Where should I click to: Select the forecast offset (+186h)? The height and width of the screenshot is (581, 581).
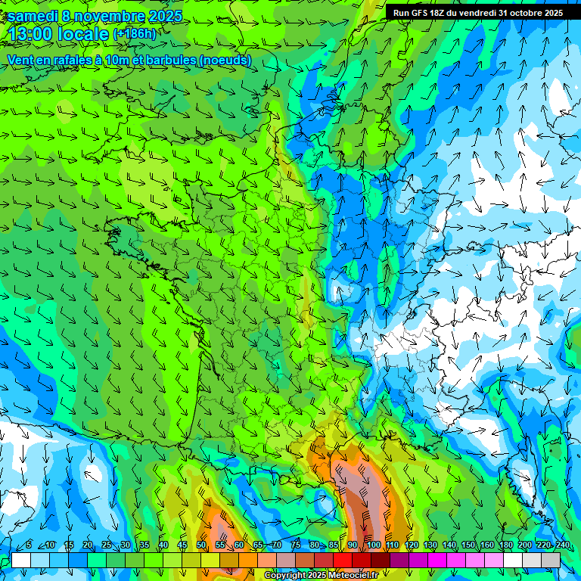(x=134, y=34)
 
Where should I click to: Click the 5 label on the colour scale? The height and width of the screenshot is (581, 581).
(x=29, y=545)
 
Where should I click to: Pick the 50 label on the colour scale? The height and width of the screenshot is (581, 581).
(x=201, y=545)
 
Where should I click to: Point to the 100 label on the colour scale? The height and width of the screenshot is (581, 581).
(x=373, y=545)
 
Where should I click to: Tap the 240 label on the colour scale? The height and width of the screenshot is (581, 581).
(x=562, y=545)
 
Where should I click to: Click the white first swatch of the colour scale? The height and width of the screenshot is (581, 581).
(x=21, y=561)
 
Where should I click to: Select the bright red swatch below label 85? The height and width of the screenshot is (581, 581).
(x=343, y=561)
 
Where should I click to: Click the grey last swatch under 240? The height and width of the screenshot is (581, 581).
(x=551, y=561)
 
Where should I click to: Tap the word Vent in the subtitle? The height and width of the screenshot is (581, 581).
(x=21, y=61)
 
